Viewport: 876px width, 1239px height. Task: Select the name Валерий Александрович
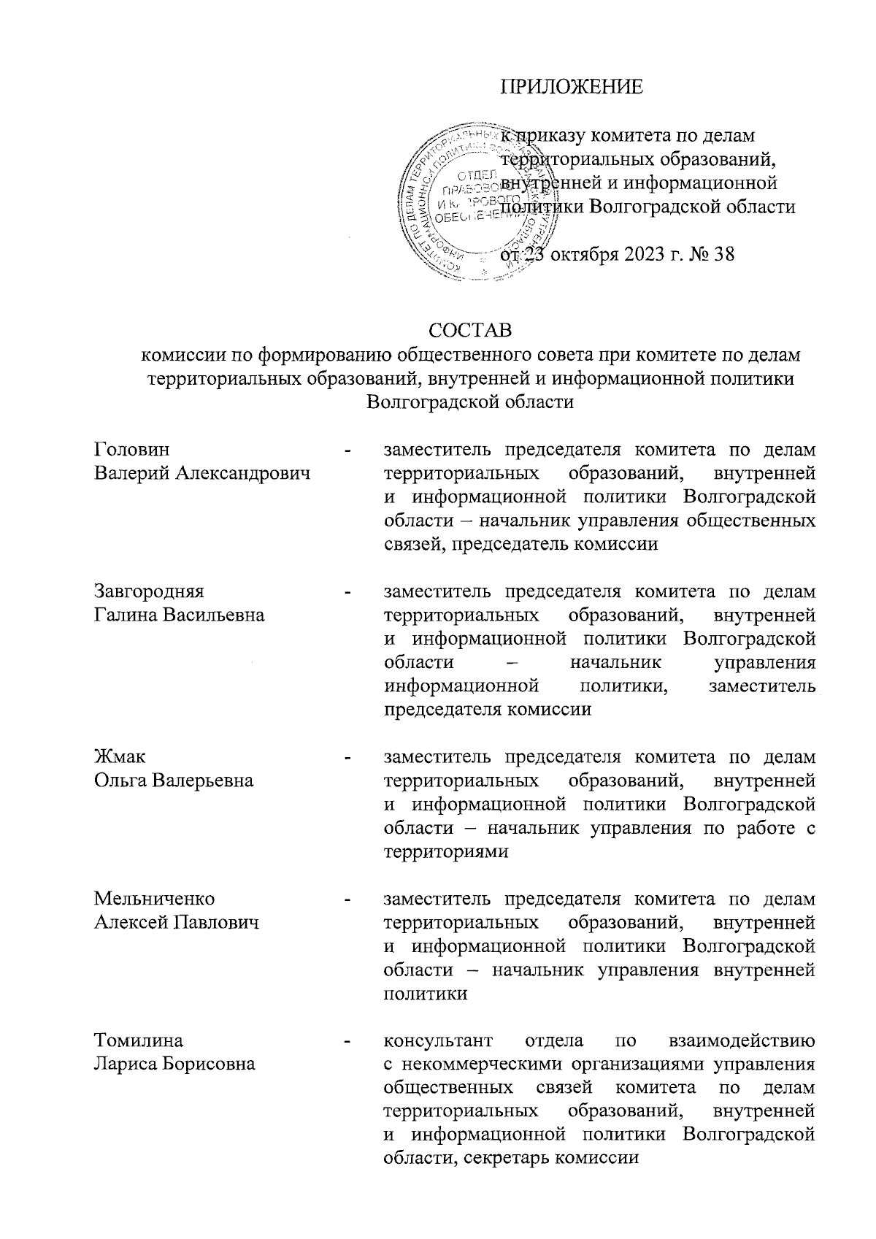point(202,473)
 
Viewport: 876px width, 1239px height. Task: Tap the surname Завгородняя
point(150,591)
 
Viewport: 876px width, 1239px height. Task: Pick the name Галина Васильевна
point(180,615)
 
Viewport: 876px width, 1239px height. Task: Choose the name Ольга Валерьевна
point(174,780)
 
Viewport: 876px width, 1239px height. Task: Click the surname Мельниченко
point(154,899)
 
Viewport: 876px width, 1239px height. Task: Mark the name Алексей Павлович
point(177,923)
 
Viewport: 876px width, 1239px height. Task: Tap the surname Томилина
point(139,1040)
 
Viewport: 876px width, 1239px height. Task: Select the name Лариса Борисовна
point(174,1064)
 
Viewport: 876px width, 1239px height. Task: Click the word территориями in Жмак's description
point(445,851)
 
